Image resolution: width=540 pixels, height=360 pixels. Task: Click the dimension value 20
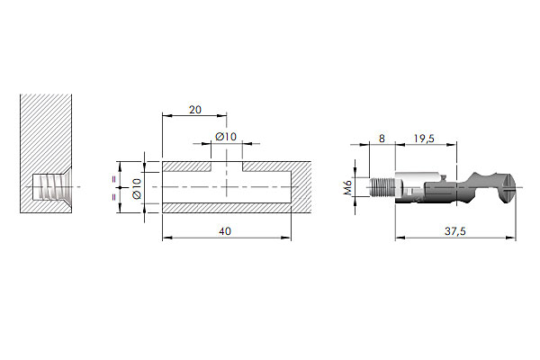[x=195, y=110]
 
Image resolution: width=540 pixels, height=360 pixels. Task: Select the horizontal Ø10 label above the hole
[x=226, y=137]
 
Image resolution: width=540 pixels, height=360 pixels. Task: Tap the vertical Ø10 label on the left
[x=137, y=188]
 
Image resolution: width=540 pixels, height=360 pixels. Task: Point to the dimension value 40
[x=225, y=231]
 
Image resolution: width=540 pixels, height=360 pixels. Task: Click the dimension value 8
[x=382, y=139]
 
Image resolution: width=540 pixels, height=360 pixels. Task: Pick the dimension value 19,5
[x=424, y=139]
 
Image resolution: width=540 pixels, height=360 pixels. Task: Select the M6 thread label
[x=347, y=188]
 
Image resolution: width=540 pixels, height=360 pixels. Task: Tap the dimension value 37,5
[x=454, y=231]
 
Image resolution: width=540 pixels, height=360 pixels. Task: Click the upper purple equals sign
[x=114, y=179]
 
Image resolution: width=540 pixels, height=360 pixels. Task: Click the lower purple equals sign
[x=114, y=197]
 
